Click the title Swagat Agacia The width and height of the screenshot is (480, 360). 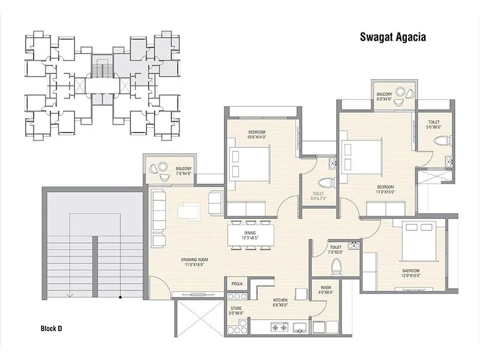click(x=392, y=38)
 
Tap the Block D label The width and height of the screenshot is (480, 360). click(x=51, y=328)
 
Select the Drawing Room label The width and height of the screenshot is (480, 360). click(x=193, y=262)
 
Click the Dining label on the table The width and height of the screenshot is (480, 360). click(x=250, y=235)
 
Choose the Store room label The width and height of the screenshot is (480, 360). click(x=236, y=310)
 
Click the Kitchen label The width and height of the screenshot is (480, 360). click(x=280, y=302)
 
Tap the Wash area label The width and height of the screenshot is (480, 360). click(x=326, y=290)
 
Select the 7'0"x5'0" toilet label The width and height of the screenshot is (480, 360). click(x=335, y=250)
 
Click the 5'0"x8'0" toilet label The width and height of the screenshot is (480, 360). click(x=433, y=124)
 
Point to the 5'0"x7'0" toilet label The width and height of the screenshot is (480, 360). click(x=318, y=196)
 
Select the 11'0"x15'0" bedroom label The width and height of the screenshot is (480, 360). click(x=385, y=188)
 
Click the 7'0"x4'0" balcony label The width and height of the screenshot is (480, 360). click(x=184, y=171)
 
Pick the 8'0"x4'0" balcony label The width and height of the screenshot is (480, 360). click(x=384, y=97)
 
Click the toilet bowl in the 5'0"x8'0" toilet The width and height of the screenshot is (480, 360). click(x=442, y=142)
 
